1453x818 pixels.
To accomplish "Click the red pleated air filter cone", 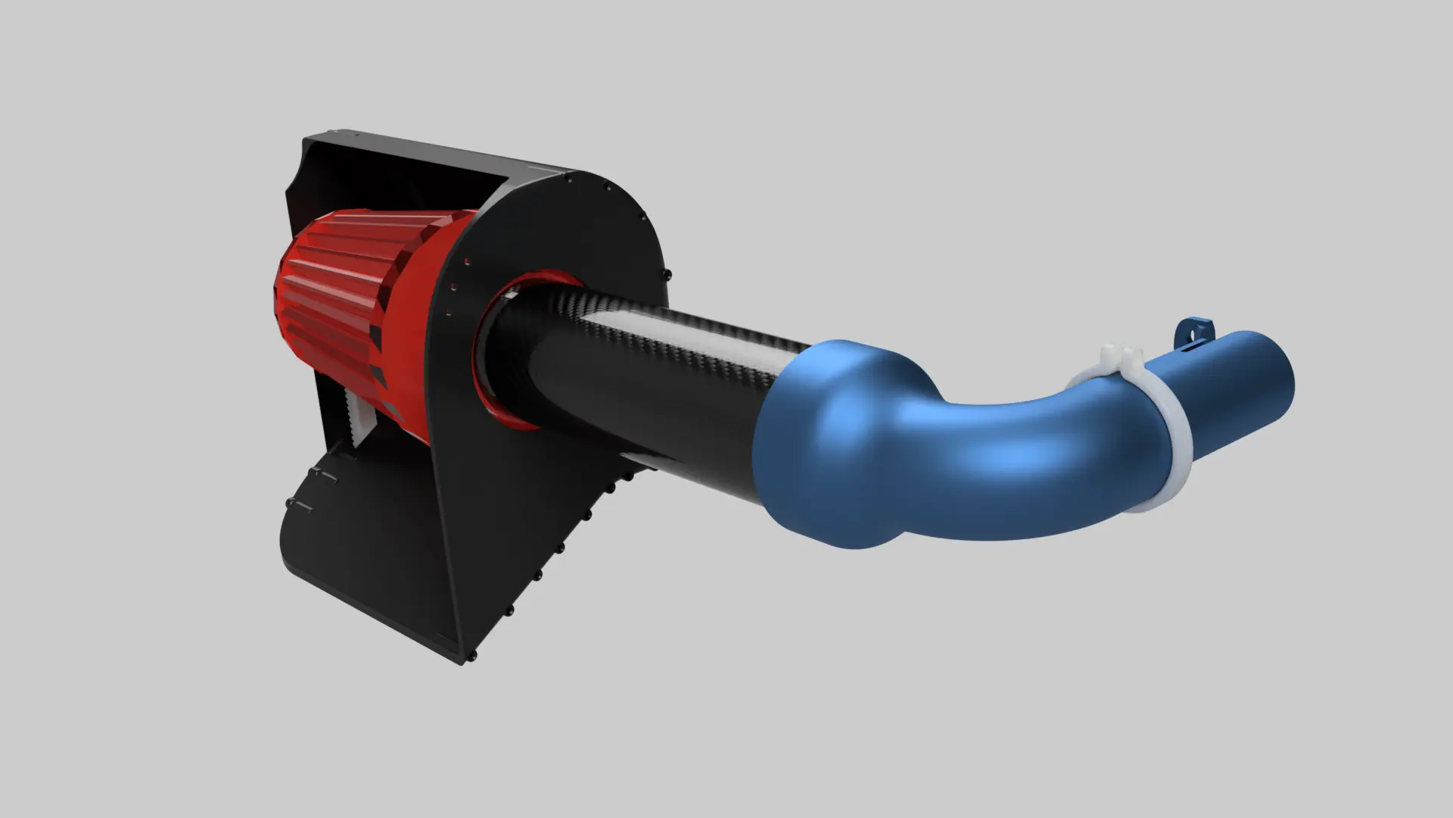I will (x=333, y=303).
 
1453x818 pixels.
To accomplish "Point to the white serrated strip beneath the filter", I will (x=356, y=413).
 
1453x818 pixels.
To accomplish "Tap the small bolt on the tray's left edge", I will (x=288, y=501).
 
